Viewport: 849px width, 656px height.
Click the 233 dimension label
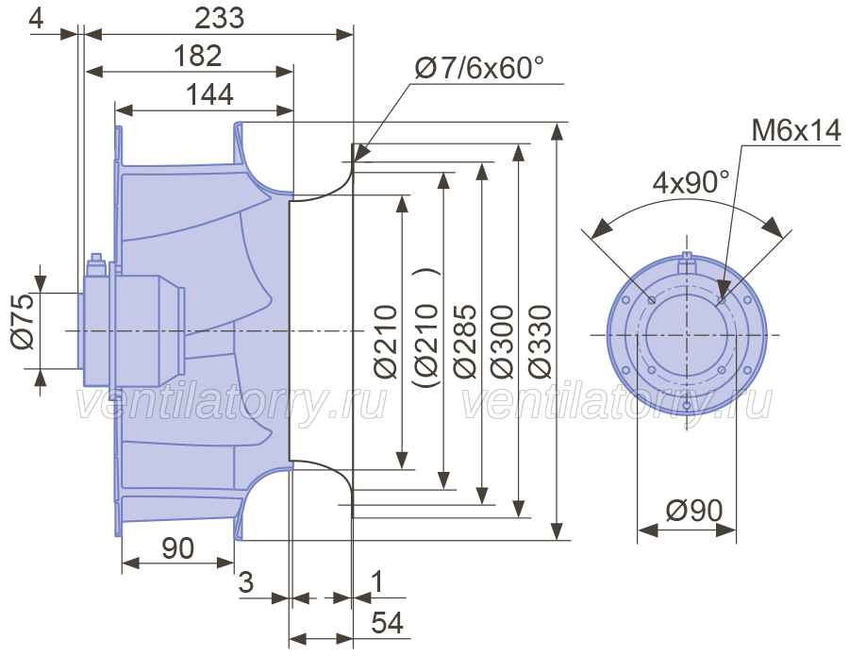(219, 19)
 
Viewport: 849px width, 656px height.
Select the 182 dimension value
(198, 56)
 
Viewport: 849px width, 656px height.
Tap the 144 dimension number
(209, 94)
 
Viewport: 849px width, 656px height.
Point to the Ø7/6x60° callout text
(479, 68)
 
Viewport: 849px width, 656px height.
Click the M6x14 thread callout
(796, 130)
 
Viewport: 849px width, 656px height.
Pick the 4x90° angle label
(691, 182)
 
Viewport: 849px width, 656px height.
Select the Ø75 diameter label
(24, 322)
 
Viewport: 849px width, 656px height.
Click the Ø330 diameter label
(541, 342)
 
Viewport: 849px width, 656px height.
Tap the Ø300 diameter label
(502, 342)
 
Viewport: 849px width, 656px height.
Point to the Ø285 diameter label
(465, 342)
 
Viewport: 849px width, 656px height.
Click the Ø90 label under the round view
(694, 511)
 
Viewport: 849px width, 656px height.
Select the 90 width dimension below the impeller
(177, 548)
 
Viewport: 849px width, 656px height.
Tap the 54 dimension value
(388, 622)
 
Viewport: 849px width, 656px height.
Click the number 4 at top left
(36, 19)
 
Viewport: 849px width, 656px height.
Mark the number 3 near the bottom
(246, 582)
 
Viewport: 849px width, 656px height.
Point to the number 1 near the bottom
(378, 581)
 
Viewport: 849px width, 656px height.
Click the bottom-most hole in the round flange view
(687, 405)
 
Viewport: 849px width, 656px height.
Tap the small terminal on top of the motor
(96, 258)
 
